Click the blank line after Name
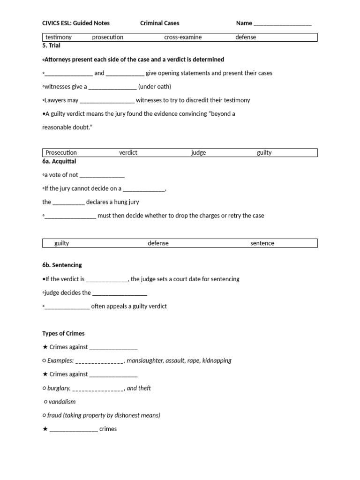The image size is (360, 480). pyautogui.click(x=282, y=23)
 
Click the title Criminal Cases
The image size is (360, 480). pyautogui.click(x=159, y=23)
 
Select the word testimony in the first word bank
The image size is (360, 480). pyautogui.click(x=59, y=37)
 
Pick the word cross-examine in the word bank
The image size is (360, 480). pyautogui.click(x=182, y=37)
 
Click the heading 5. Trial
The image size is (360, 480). pyautogui.click(x=51, y=45)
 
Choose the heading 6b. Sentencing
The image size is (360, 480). pyautogui.click(x=62, y=265)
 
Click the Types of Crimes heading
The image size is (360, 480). pyautogui.click(x=63, y=333)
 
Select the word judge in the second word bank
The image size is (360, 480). pyautogui.click(x=198, y=152)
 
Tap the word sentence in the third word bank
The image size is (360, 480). pyautogui.click(x=262, y=243)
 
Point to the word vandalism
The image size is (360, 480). pyautogui.click(x=62, y=402)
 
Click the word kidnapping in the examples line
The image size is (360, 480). pyautogui.click(x=217, y=360)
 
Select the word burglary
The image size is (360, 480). pyautogui.click(x=59, y=388)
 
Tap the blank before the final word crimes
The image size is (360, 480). pyautogui.click(x=74, y=429)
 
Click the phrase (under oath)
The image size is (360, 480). pyautogui.click(x=155, y=87)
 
